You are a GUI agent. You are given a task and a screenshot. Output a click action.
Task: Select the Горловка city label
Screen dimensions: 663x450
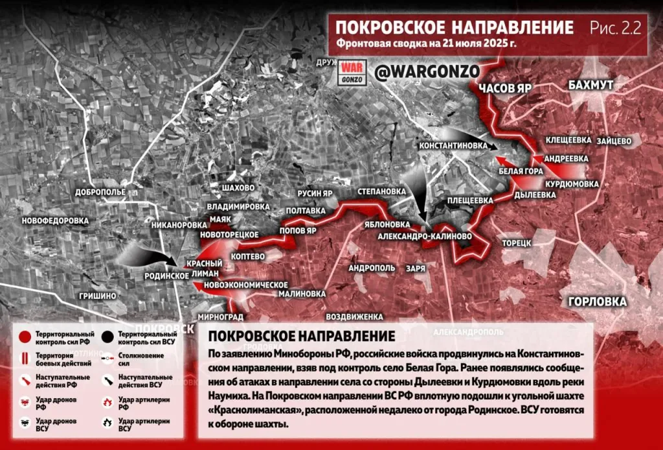pos(597,302)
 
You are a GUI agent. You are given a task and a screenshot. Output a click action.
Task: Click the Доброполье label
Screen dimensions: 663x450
pos(100,193)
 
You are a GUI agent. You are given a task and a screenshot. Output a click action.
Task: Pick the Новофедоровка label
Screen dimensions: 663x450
pos(54,221)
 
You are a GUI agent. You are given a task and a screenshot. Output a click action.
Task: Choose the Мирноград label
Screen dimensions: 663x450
pos(221,317)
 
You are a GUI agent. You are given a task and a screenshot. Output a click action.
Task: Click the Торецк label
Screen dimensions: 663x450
pos(517,243)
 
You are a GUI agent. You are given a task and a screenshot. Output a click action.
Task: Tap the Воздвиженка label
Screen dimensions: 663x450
pos(355,317)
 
